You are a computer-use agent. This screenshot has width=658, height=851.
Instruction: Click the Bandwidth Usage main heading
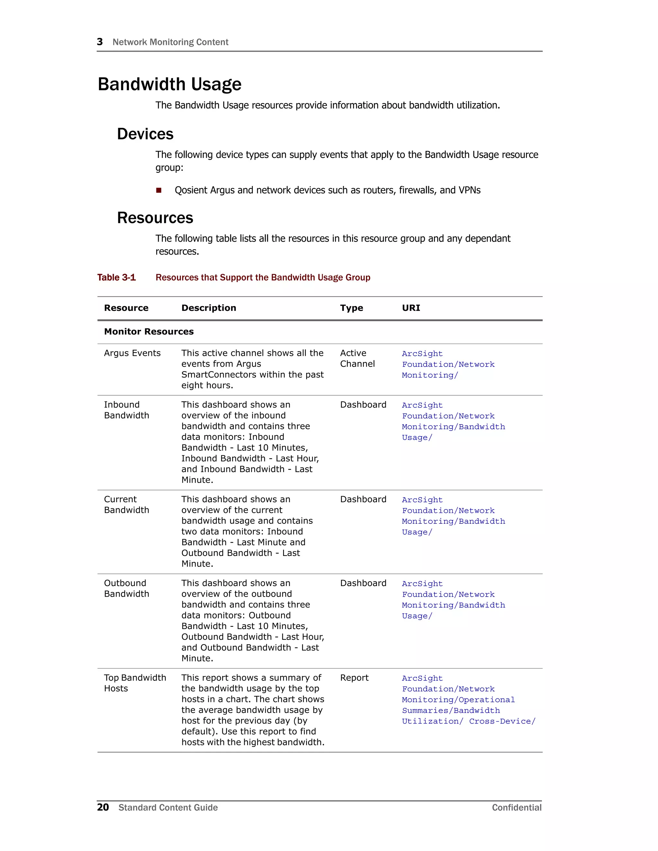click(x=170, y=84)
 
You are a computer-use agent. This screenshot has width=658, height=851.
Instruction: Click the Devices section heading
click(x=145, y=134)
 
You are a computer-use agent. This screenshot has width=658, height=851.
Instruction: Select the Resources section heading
click(x=155, y=218)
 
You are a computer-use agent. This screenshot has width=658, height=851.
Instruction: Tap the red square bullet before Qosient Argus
click(x=159, y=190)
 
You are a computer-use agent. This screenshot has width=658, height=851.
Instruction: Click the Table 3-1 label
click(x=116, y=277)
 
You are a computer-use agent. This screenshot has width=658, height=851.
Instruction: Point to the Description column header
click(x=209, y=308)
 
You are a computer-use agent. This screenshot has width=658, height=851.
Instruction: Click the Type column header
click(x=351, y=308)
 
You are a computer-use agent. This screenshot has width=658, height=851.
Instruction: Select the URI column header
click(x=411, y=308)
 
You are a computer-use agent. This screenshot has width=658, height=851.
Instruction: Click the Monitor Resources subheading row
click(x=149, y=332)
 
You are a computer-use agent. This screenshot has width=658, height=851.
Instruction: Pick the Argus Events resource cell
click(x=132, y=353)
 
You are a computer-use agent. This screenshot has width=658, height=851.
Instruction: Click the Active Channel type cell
click(x=357, y=358)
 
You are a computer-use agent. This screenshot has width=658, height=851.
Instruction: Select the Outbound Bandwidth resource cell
click(x=126, y=588)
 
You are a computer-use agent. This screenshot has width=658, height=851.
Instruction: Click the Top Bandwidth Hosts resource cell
click(x=135, y=683)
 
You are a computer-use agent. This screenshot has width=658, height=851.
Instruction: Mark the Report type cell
click(x=354, y=678)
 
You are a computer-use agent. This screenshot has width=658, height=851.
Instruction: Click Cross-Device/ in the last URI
click(x=502, y=721)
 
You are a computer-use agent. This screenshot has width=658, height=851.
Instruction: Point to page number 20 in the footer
click(x=103, y=807)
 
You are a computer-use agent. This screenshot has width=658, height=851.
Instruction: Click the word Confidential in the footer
click(x=517, y=807)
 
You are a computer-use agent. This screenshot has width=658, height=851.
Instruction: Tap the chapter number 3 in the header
click(x=100, y=42)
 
